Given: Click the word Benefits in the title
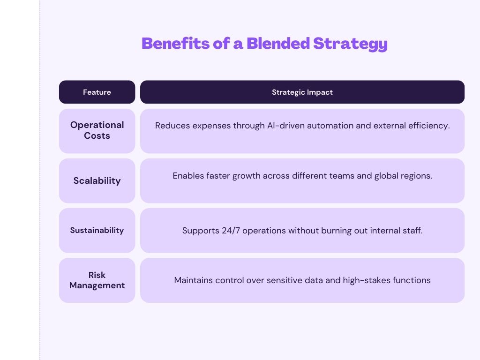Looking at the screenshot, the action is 175,43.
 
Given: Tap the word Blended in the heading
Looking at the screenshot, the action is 278,43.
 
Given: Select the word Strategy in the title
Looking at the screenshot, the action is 350,44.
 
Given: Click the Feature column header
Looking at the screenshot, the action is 97,92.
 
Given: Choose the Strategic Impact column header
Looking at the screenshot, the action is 302,92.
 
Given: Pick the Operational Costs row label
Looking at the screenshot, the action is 97,130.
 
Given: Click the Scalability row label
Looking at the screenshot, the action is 97,180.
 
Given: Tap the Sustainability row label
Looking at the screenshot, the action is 97,230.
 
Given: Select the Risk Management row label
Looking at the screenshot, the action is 97,280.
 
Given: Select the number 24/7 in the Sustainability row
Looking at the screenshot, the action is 231,231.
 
